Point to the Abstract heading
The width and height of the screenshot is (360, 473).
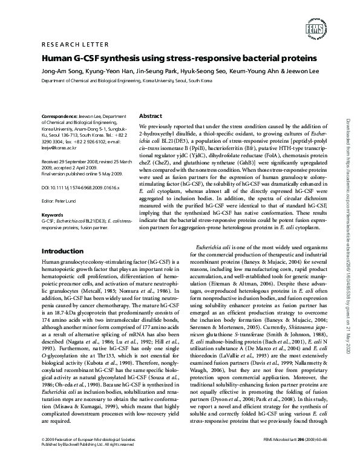(150, 116)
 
